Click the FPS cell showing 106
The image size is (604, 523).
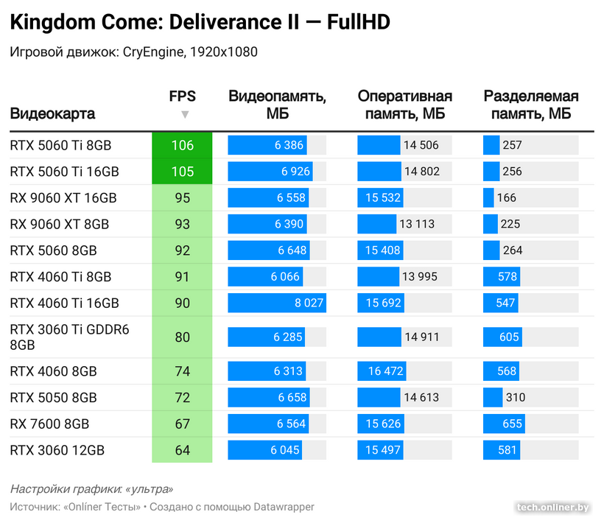(182, 145)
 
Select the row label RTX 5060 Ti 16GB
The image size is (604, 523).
(65, 172)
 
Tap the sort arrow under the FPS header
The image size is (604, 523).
(185, 114)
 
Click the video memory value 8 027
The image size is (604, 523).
(309, 303)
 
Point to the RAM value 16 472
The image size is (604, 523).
(386, 371)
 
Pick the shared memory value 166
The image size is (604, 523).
(507, 197)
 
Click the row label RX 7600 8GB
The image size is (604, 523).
(49, 424)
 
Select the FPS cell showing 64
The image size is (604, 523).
(182, 450)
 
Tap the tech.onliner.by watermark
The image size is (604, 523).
(553, 507)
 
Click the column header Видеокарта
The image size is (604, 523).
(53, 114)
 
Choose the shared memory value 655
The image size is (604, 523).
(512, 424)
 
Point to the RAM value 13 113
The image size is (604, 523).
(417, 224)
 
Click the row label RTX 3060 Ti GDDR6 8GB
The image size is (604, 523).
(69, 337)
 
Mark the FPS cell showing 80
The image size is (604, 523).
(182, 337)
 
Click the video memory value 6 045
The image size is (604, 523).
(285, 450)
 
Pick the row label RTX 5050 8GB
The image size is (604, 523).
(54, 398)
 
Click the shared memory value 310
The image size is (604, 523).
(516, 398)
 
